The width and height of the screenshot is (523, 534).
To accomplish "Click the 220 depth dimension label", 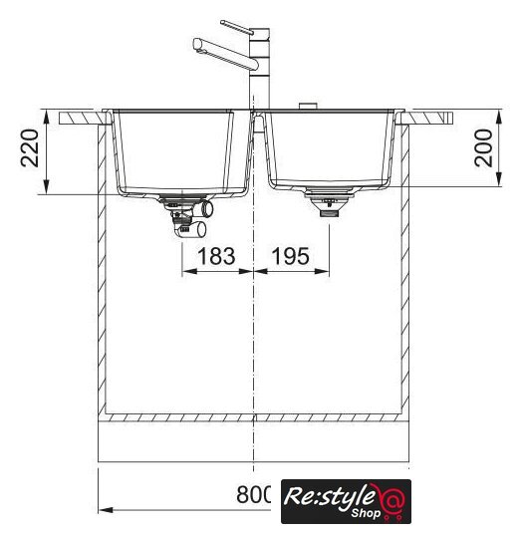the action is point(29,148).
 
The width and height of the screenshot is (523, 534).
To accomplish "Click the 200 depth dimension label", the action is point(483,148).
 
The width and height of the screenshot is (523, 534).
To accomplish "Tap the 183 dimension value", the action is point(216,256).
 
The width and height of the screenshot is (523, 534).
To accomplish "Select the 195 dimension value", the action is point(291,256).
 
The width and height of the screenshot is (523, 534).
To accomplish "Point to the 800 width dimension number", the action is point(254,495).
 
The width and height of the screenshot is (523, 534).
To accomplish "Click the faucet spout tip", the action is point(197,45).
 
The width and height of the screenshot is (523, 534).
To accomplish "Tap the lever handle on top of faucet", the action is point(237,27).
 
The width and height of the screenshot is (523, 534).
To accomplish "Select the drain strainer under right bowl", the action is point(330,201).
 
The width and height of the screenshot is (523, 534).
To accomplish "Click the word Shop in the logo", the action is point(366,512).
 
